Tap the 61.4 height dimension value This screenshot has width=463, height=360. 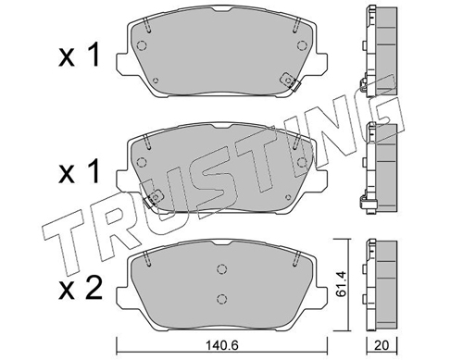[341, 284]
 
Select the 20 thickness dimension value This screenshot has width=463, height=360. [382, 345]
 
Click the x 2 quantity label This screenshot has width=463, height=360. [80, 289]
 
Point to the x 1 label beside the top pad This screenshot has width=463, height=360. [80, 56]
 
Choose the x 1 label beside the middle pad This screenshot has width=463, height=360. [80, 172]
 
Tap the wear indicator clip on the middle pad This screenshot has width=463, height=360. [153, 198]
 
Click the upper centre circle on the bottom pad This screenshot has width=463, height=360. [221, 268]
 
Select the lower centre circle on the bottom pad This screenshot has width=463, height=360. [221, 299]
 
